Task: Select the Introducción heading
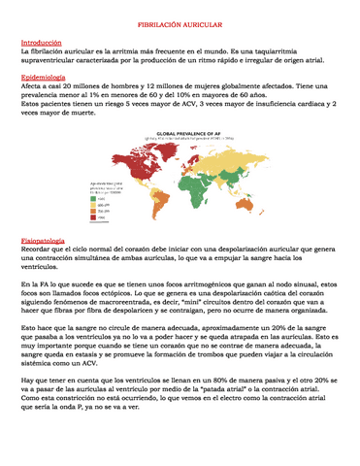tap(41, 43)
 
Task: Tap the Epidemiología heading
tap(44, 76)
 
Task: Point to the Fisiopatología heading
tap(44, 239)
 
